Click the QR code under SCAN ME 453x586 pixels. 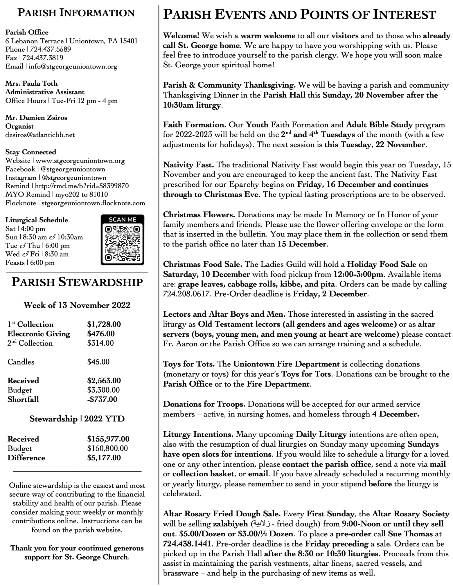pyautogui.click(x=122, y=243)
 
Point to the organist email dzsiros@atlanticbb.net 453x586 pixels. pyautogui.click(x=40, y=135)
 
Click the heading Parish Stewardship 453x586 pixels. pyautogui.click(x=77, y=282)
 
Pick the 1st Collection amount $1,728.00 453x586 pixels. pyautogui.click(x=104, y=324)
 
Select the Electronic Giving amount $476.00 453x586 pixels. pyautogui.click(x=101, y=333)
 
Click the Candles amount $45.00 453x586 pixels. pyautogui.click(x=98, y=362)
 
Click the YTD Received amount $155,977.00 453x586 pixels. pyautogui.click(x=108, y=439)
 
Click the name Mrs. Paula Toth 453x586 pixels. pyautogui.click(x=31, y=84)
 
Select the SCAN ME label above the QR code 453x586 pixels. pyautogui.click(x=122, y=220)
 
